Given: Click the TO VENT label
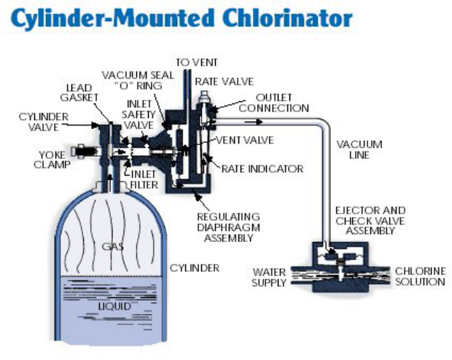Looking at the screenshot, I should pyautogui.click(x=196, y=63).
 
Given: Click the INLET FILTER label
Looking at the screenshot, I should pyautogui.click(x=144, y=179).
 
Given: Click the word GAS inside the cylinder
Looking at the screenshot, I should pyautogui.click(x=112, y=246).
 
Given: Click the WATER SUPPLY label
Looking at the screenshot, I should pyautogui.click(x=269, y=277).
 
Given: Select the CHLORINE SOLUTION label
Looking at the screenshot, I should pyautogui.click(x=420, y=276).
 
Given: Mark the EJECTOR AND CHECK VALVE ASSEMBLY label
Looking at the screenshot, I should pyautogui.click(x=370, y=220).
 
